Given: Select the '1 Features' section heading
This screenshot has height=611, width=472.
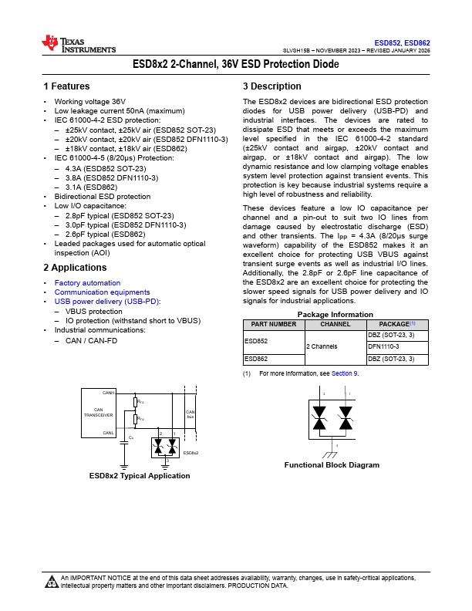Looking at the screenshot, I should pyautogui.click(x=66, y=86).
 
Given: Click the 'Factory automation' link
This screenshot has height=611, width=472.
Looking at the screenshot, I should pyautogui.click(x=87, y=283).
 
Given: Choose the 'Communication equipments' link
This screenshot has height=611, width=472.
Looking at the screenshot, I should pyautogui.click(x=102, y=292).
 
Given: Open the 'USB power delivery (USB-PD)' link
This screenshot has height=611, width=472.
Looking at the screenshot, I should pyautogui.click(x=107, y=302).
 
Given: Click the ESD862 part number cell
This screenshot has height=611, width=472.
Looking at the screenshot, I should pyautogui.click(x=256, y=359).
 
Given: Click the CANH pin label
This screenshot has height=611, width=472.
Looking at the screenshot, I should pyautogui.click(x=109, y=393).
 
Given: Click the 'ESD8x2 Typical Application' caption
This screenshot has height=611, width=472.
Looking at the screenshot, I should pyautogui.click(x=140, y=476).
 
